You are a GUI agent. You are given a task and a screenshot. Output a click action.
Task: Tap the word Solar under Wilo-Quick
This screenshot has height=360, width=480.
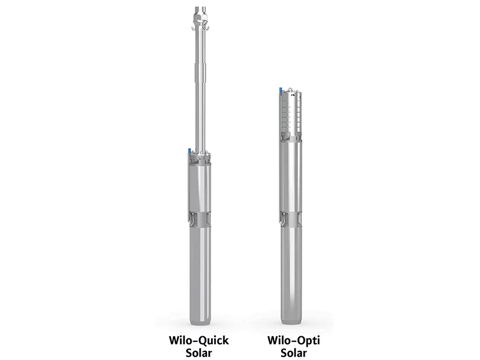click(198, 352)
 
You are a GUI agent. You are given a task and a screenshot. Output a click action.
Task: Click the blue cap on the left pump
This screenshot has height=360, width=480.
click(189, 152)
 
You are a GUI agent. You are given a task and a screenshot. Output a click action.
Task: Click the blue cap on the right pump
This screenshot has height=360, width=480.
click(278, 90)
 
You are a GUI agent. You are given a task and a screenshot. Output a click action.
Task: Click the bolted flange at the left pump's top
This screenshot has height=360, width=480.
click(200, 156)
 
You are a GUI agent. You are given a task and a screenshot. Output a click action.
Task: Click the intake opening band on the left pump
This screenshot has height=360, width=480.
click(200, 220)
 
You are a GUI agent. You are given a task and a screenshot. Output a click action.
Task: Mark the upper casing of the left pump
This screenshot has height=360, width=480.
click(200, 185)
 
